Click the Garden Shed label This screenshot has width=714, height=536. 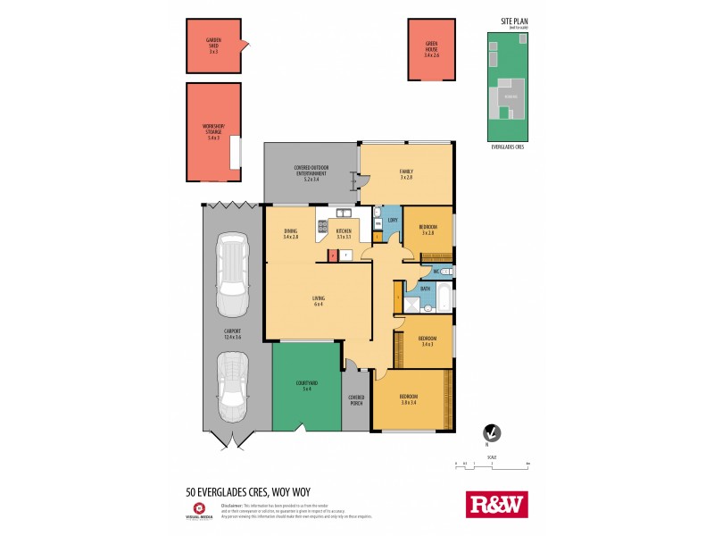coord(213,46)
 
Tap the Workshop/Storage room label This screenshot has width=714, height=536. coord(213,131)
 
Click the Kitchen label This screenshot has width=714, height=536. coord(344,234)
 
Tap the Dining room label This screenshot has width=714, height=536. coord(290,234)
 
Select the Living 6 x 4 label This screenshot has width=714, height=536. coord(318,300)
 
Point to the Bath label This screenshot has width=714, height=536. coord(426,289)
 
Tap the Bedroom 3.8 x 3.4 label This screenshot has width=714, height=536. coord(408,398)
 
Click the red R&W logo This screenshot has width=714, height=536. coord(497,504)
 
